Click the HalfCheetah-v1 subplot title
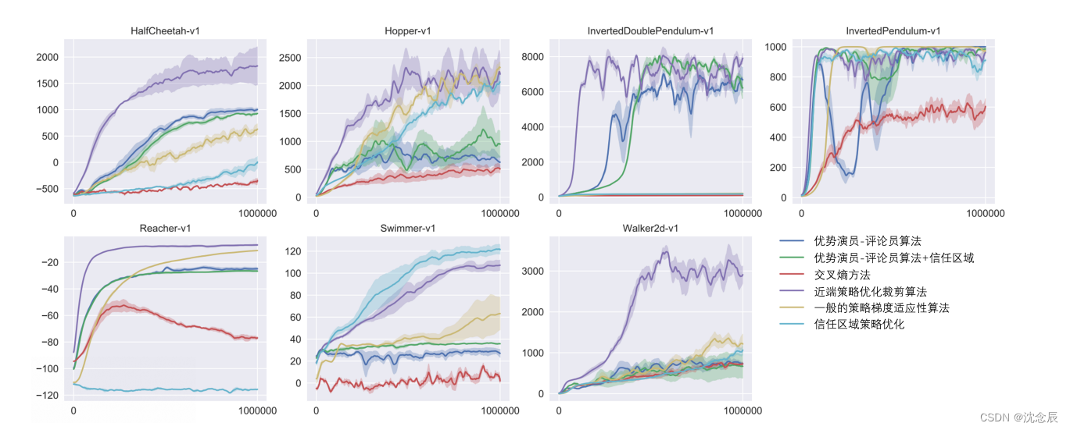(x=165, y=31)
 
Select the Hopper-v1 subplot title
(x=408, y=31)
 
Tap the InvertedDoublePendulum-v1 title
(x=650, y=31)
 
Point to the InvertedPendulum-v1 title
(x=893, y=31)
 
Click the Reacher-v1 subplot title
(x=165, y=228)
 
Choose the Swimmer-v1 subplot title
(x=408, y=228)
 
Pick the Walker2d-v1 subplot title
(x=650, y=228)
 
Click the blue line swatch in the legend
(x=793, y=241)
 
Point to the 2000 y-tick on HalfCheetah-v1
(x=47, y=57)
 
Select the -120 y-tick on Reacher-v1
(x=47, y=396)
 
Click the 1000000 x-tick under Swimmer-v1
(x=499, y=410)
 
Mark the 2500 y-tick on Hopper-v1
(x=290, y=58)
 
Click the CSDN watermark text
(x=1018, y=418)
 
